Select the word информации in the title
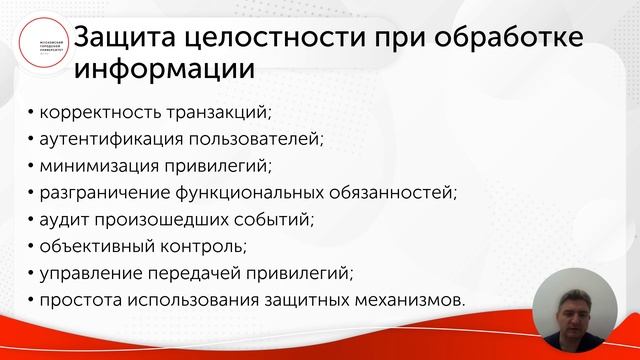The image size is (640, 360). point(164,72)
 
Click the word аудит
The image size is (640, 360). point(65,219)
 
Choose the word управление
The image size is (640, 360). point(94,273)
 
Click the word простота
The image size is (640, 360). point(82,300)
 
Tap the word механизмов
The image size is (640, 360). point(414,300)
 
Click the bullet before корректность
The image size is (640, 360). point(30,112)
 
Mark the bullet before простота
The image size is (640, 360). point(30,301)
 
